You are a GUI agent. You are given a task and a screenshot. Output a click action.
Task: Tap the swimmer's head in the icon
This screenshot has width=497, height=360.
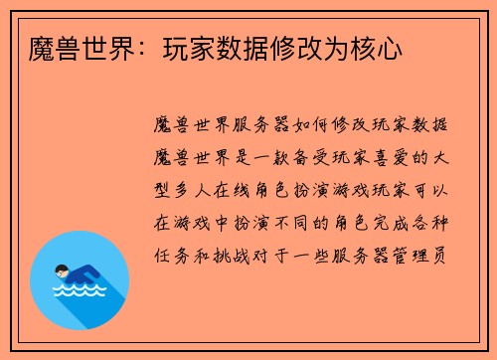pyautogui.click(x=62, y=269)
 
